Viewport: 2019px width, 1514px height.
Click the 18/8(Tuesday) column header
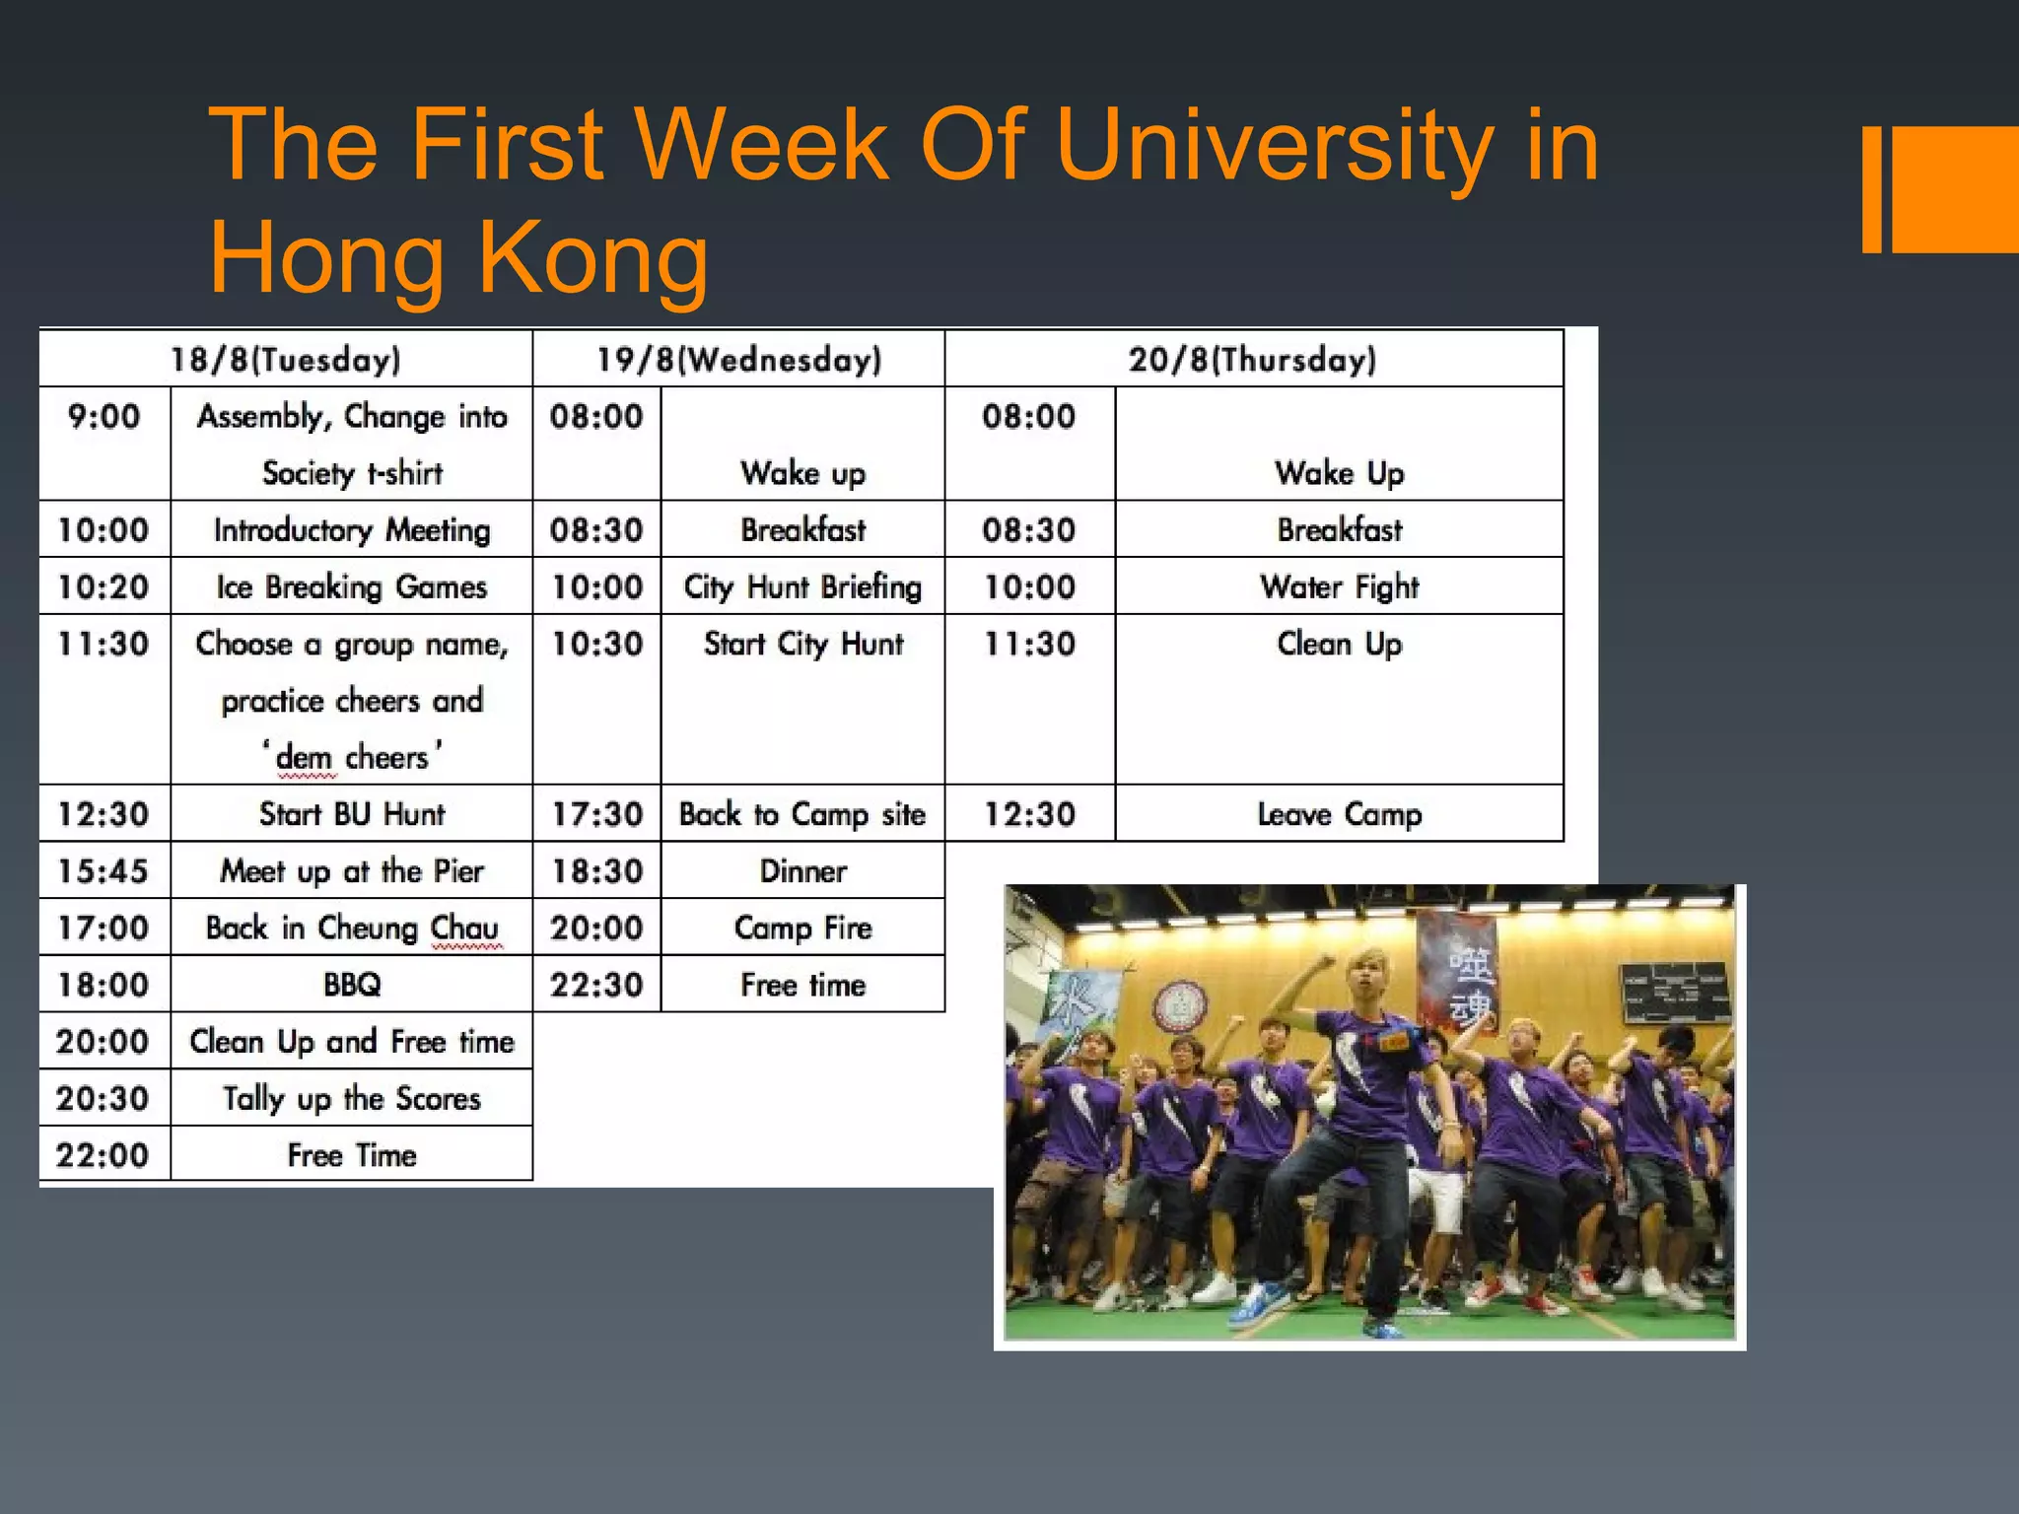pyautogui.click(x=286, y=359)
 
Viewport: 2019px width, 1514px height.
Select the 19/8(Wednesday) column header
pyautogui.click(x=738, y=359)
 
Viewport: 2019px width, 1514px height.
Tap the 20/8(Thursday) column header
pyautogui.click(x=1253, y=359)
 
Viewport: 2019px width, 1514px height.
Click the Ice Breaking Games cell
pyautogui.click(x=352, y=586)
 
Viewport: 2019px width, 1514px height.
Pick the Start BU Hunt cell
pyautogui.click(x=352, y=814)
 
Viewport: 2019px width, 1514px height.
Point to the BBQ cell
pyautogui.click(x=352, y=985)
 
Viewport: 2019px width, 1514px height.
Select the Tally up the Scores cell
pyautogui.click(x=352, y=1098)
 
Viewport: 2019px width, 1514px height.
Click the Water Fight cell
pyautogui.click(x=1339, y=586)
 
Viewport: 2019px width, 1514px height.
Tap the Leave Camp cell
pyautogui.click(x=1339, y=814)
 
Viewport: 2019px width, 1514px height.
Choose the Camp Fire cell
pyautogui.click(x=802, y=928)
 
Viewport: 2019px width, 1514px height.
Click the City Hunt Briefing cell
pyautogui.click(x=802, y=586)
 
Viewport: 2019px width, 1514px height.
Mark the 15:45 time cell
pyautogui.click(x=104, y=871)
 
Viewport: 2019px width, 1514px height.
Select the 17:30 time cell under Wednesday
pyautogui.click(x=596, y=814)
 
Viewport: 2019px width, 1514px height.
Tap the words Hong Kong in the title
pyautogui.click(x=459, y=258)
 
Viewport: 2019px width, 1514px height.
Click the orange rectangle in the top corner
pyautogui.click(x=1952, y=189)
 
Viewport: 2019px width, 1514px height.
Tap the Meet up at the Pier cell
pyautogui.click(x=352, y=871)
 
